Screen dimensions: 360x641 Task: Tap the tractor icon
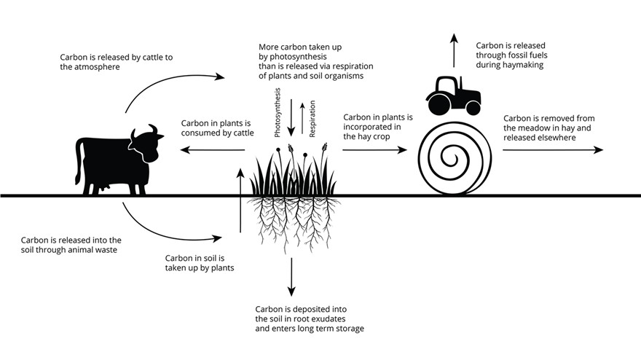(x=453, y=95)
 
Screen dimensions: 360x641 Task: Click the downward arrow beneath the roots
(x=292, y=274)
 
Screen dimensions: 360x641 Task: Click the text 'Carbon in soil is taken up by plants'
(x=199, y=263)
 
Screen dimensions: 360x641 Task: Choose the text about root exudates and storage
(x=310, y=318)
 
